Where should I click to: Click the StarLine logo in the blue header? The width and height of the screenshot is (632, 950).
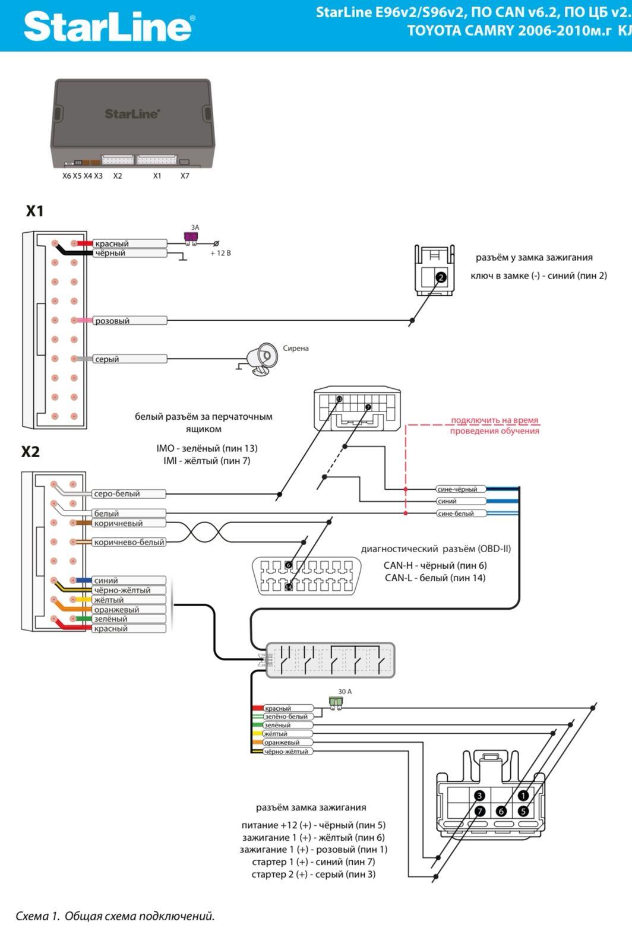pos(108,27)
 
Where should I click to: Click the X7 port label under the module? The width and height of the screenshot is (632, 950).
pos(185,176)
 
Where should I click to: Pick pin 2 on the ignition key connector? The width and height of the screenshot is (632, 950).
pos(441,277)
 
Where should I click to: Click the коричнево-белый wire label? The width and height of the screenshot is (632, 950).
pos(129,542)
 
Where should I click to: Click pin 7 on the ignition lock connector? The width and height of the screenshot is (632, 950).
pos(480,811)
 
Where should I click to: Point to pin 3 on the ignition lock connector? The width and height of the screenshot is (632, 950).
pos(480,796)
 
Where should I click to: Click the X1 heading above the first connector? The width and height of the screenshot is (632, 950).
pos(34,211)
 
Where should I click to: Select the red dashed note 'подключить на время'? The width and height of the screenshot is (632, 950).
pos(494,420)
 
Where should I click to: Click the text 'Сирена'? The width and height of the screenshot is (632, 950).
pos(296,349)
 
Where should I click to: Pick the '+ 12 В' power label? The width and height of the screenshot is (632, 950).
pos(220,253)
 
